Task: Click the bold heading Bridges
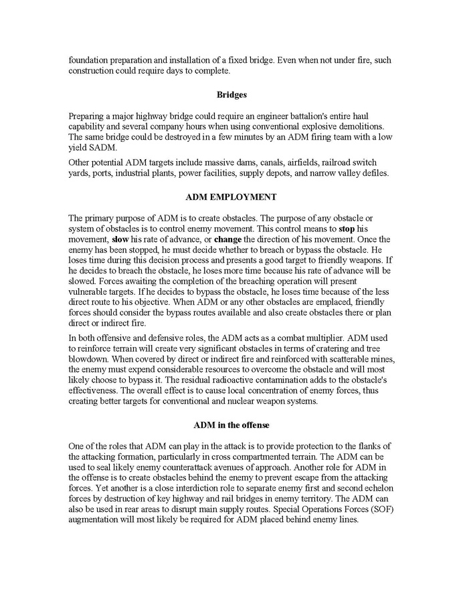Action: [232, 95]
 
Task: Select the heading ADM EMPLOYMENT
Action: [231, 197]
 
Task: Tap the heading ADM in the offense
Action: [231, 425]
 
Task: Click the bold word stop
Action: [347, 229]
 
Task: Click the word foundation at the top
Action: [89, 60]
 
